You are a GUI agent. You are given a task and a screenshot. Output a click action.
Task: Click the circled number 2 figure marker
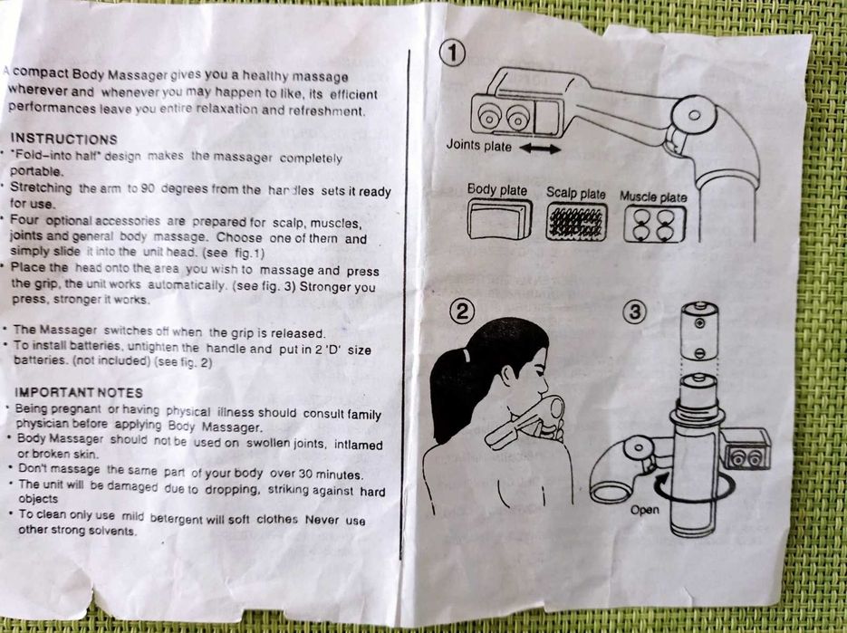click(462, 312)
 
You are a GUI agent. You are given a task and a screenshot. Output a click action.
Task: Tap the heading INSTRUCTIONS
click(63, 139)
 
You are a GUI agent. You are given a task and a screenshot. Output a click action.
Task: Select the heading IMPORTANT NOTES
click(79, 392)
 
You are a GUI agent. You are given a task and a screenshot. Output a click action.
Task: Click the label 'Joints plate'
click(478, 146)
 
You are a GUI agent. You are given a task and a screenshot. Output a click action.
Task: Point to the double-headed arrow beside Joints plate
click(541, 149)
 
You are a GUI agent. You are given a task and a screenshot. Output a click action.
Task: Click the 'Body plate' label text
click(497, 190)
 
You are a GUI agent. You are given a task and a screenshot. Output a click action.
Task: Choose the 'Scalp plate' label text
click(575, 194)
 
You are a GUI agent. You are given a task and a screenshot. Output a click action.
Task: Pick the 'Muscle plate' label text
click(653, 197)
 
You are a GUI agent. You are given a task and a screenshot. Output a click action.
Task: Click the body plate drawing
click(496, 220)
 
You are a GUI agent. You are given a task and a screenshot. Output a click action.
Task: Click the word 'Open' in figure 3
click(644, 510)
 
